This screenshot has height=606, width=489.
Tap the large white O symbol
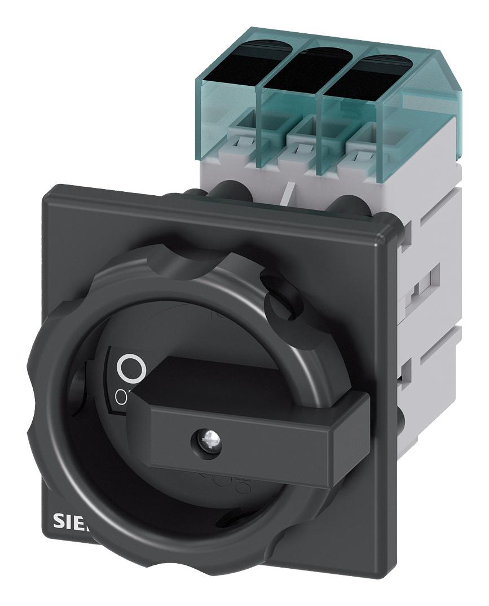[x=131, y=369]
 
